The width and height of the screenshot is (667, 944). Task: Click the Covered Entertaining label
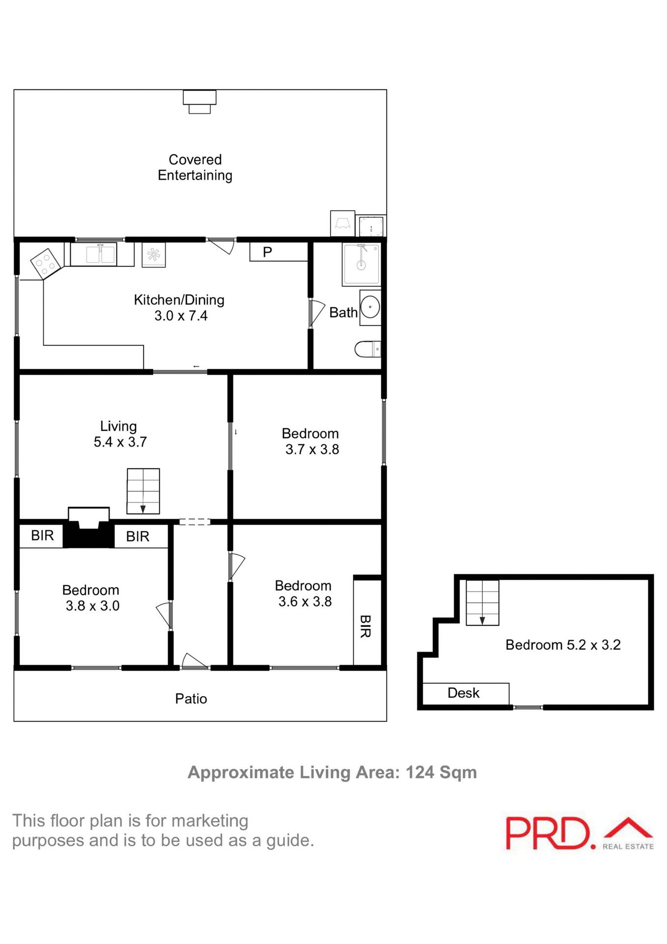click(195, 167)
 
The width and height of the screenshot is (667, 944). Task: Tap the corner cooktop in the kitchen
click(46, 263)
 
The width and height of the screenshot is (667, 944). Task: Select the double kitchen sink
click(101, 254)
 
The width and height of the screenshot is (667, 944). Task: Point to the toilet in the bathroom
click(367, 349)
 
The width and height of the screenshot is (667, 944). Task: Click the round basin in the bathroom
click(370, 308)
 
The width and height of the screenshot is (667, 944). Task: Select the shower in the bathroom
click(361, 265)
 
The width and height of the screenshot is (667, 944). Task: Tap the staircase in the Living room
click(143, 491)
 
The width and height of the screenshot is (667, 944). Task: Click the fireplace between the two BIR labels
click(89, 529)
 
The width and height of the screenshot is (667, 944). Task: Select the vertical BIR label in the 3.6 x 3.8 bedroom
click(365, 626)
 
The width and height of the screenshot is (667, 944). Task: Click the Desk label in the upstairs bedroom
click(463, 693)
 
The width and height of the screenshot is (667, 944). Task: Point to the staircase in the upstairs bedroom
click(482, 602)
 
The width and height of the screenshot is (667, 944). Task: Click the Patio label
click(191, 698)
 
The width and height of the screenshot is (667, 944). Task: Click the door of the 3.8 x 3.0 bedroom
click(165, 615)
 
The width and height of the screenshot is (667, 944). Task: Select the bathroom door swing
click(316, 313)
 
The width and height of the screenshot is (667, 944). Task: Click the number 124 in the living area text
click(420, 772)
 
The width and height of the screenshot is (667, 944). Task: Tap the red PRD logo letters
click(547, 833)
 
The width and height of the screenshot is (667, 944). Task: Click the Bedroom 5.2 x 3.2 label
click(563, 645)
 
